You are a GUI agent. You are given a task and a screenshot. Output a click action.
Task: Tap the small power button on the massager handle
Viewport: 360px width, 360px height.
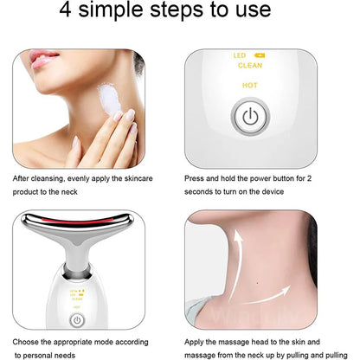[x=77, y=318]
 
